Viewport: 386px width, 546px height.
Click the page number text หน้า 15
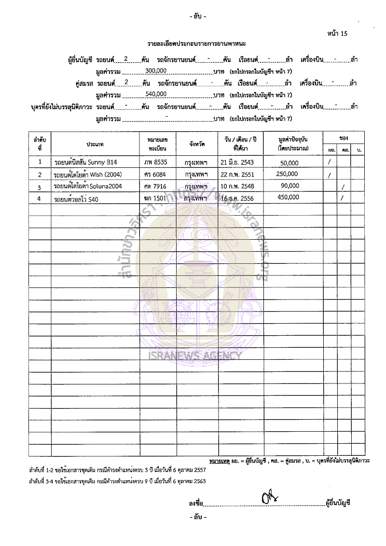tap(337, 33)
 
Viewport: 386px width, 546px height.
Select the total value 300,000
tap(156, 70)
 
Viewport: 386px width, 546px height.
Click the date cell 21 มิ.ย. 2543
tap(237, 162)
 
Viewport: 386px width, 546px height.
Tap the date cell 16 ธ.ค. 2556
tap(237, 198)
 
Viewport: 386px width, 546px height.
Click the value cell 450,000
tap(289, 197)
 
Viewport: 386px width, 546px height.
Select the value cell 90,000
tap(289, 185)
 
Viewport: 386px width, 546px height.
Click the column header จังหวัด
tap(197, 143)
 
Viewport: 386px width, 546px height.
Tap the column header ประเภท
tap(95, 144)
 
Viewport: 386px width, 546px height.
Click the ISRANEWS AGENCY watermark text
tap(193, 356)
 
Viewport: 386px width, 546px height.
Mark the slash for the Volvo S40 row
tap(342, 198)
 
